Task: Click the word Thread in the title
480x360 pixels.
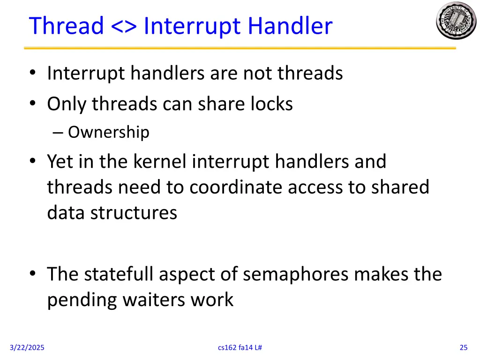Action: (66, 26)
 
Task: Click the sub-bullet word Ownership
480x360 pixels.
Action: (108, 133)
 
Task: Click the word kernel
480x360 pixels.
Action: (160, 162)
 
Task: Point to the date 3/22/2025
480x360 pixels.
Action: (27, 347)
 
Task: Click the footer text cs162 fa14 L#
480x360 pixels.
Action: (240, 347)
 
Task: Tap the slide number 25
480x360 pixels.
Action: (464, 347)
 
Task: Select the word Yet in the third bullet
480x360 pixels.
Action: (60, 162)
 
